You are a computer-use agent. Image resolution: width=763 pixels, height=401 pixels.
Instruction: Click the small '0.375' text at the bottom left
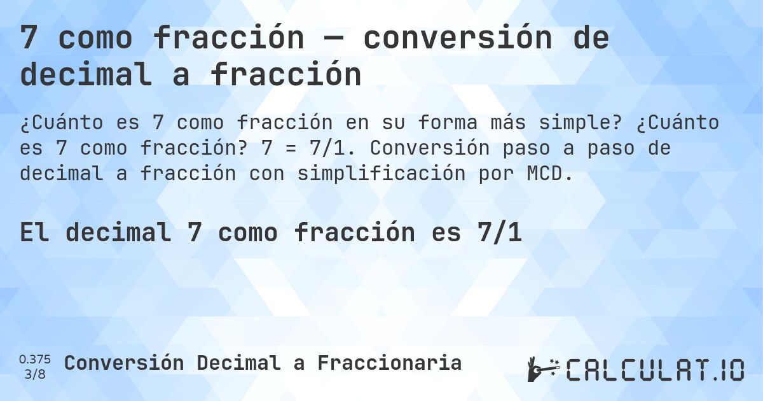(36, 358)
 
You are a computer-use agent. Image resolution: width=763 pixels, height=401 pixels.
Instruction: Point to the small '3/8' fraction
(36, 374)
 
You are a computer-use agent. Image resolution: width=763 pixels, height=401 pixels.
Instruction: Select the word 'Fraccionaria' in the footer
(390, 363)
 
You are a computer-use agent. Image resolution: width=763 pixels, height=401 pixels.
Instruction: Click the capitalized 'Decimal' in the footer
(238, 363)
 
